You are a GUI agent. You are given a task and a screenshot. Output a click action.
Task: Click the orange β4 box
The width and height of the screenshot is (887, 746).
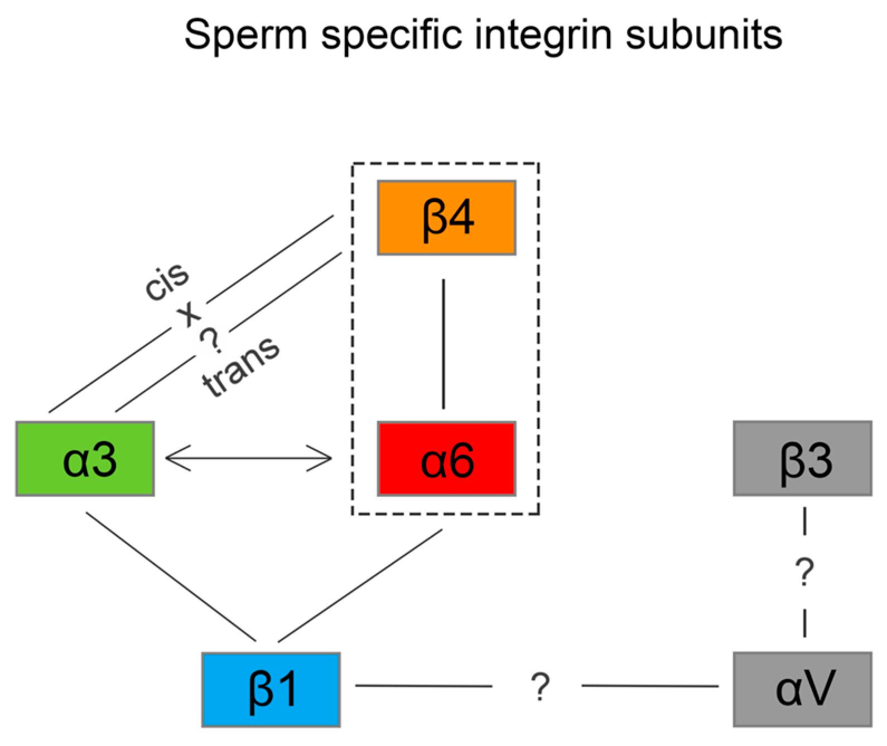446,218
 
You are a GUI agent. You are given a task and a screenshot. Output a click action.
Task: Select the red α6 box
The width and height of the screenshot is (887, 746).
446,459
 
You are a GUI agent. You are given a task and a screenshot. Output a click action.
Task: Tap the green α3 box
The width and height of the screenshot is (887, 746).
85,459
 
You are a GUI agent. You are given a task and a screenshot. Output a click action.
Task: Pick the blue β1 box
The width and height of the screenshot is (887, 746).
271,690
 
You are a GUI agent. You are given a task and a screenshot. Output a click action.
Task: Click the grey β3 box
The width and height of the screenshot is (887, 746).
802,459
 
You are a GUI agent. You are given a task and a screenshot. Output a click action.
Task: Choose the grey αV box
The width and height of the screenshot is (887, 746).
802,690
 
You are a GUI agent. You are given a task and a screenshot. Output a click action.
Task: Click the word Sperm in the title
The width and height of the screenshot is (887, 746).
245,35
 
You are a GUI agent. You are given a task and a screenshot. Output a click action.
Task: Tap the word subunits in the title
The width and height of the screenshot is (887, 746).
704,35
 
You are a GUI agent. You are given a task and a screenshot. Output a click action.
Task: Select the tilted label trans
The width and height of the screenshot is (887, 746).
241,367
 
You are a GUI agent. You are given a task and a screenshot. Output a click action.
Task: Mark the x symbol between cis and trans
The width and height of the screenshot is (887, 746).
190,315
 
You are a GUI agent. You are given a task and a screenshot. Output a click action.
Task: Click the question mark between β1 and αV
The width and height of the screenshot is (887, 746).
539,687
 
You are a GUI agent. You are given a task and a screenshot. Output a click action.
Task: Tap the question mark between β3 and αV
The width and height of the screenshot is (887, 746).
804,571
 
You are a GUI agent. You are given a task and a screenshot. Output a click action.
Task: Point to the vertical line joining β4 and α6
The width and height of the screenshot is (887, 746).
443,343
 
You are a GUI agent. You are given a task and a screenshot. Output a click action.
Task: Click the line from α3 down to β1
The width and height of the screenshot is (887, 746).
170,576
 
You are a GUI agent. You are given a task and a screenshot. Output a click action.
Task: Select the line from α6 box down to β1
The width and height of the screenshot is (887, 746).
360,585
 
